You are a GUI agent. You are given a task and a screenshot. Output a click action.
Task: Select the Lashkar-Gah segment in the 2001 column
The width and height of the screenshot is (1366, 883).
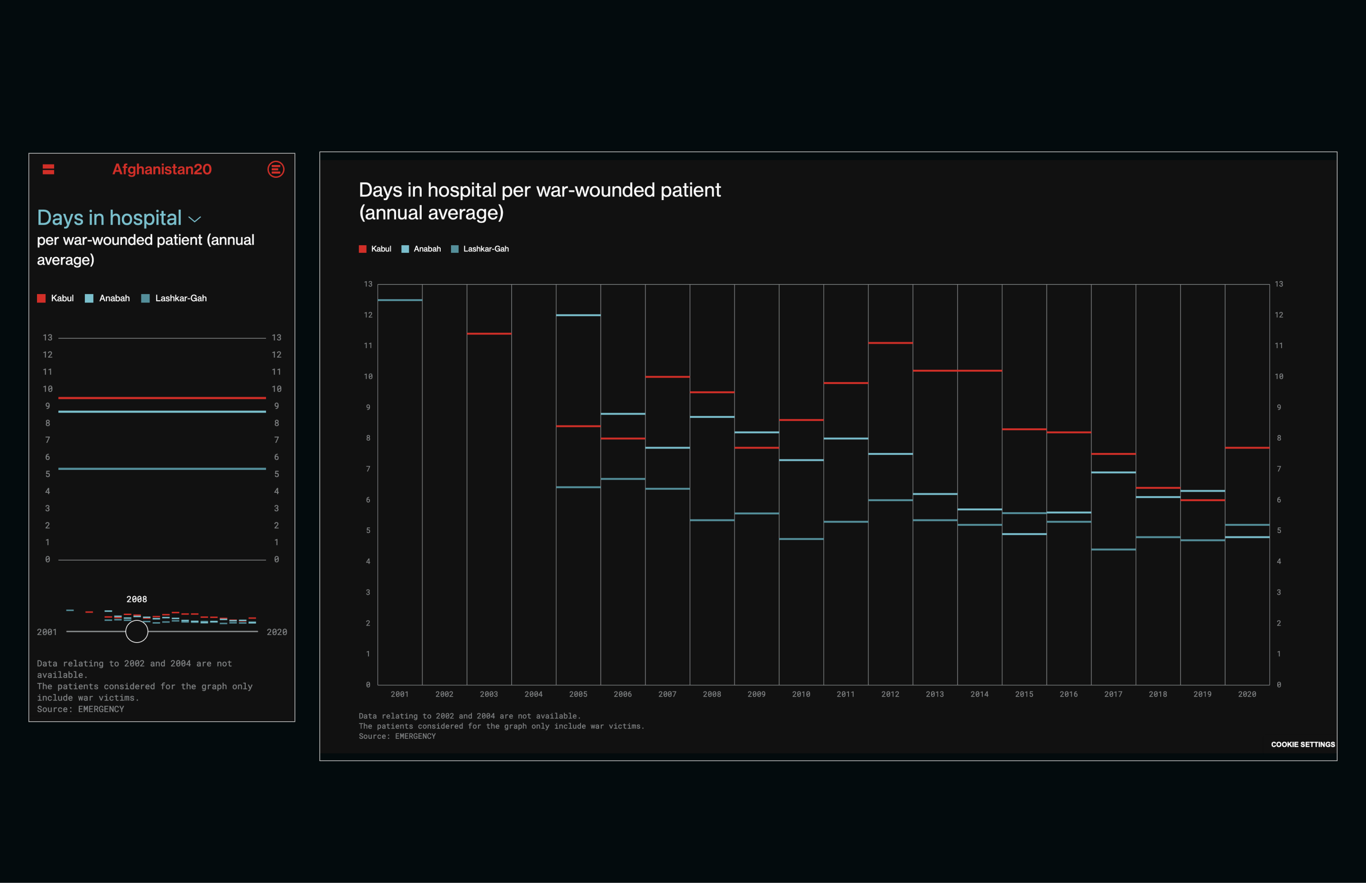[400, 300]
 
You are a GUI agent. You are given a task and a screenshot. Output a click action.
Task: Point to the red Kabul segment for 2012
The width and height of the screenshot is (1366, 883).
[890, 343]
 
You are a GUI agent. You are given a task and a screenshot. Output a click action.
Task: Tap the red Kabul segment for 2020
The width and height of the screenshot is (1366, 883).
[1247, 448]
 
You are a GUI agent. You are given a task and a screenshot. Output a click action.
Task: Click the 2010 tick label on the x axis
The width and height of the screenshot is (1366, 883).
[801, 694]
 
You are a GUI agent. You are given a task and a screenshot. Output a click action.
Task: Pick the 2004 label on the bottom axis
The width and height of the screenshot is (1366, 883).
[533, 694]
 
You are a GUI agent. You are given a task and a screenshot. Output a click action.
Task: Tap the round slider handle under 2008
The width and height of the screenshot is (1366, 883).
[137, 631]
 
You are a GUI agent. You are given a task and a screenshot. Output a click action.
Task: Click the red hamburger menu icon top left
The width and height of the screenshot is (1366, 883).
[48, 169]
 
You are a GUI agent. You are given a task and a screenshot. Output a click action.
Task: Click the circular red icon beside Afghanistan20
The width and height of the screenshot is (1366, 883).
[276, 169]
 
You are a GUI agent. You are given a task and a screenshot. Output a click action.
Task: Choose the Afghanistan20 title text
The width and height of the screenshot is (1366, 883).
[162, 169]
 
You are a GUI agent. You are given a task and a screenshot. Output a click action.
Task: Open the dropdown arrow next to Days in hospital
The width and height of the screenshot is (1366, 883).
[195, 220]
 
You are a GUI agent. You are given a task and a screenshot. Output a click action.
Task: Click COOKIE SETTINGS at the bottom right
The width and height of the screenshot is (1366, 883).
[1302, 744]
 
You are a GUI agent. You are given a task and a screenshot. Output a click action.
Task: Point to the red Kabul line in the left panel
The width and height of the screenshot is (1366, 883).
[162, 397]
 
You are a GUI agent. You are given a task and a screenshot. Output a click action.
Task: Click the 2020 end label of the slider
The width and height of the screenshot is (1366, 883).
[277, 632]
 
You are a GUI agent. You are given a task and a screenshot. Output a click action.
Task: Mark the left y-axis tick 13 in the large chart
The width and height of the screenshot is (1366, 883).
[368, 284]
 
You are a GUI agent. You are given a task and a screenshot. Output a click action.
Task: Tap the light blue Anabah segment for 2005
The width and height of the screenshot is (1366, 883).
[578, 315]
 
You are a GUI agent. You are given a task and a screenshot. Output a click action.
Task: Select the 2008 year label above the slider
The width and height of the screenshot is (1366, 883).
[137, 599]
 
